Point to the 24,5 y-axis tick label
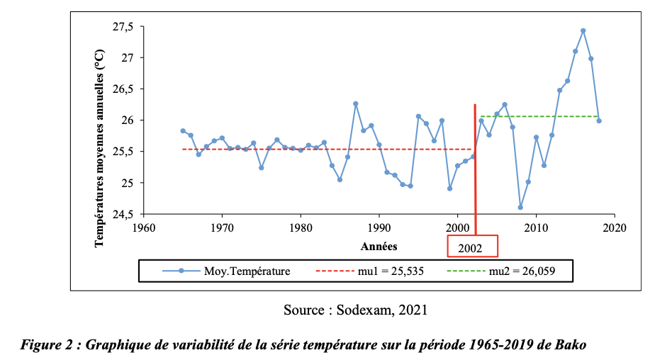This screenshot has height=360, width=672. (123, 214)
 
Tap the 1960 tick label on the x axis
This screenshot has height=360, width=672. (143, 228)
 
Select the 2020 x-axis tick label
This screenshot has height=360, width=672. (615, 228)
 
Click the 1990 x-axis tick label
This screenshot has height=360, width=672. (379, 228)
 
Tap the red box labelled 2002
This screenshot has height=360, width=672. (472, 247)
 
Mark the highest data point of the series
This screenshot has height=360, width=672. (583, 30)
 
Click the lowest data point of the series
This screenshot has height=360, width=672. (520, 208)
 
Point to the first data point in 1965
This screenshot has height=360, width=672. (183, 130)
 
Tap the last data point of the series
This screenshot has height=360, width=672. (599, 120)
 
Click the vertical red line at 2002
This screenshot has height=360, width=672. (475, 177)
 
